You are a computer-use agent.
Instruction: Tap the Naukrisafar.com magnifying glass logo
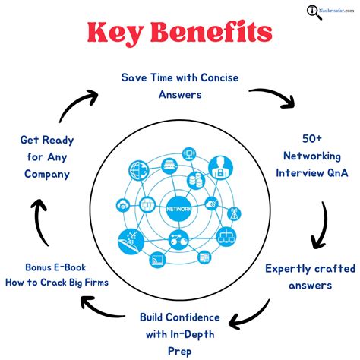tap(313, 11)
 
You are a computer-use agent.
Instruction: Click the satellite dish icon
tap(131, 240)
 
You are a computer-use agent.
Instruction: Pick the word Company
tap(46, 174)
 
